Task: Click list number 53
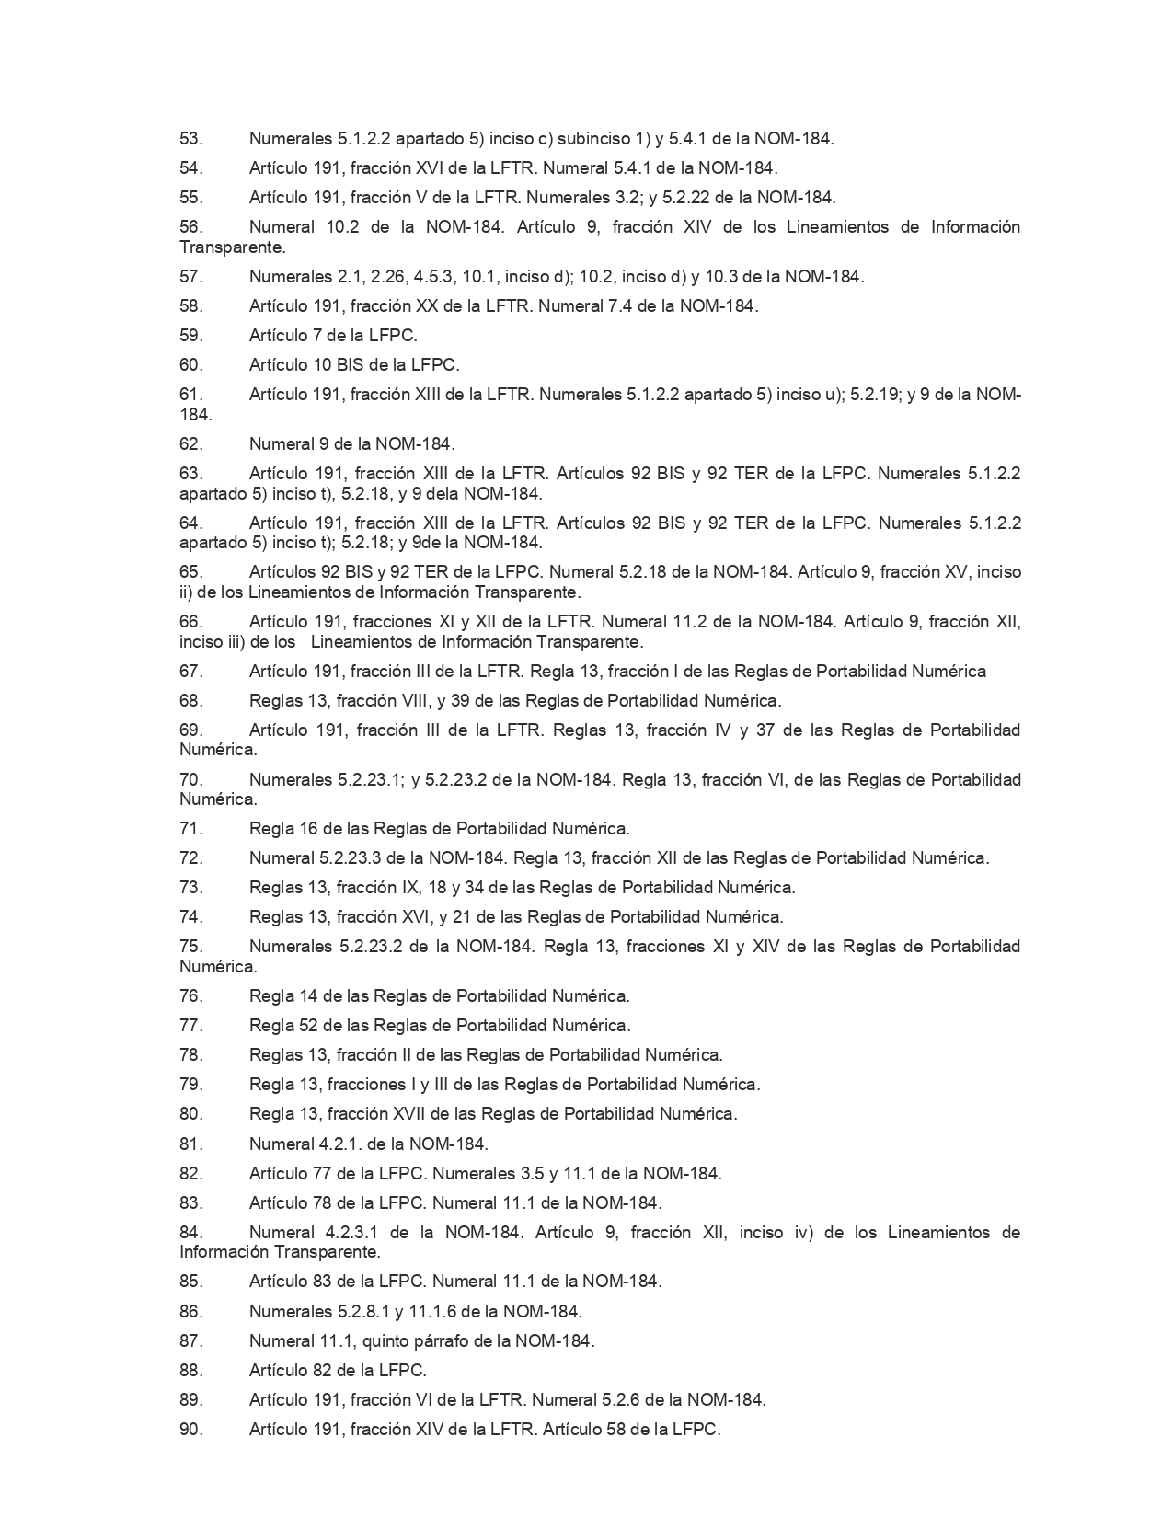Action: (x=190, y=139)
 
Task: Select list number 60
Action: (x=190, y=365)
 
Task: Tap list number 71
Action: (x=190, y=828)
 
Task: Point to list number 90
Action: (x=190, y=1430)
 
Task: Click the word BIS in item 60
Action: (x=350, y=365)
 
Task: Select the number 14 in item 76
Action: (x=310, y=995)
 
